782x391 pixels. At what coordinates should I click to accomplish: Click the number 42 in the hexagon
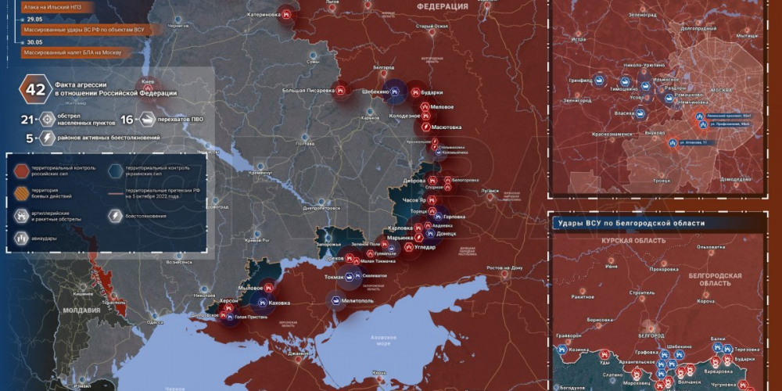click(36, 88)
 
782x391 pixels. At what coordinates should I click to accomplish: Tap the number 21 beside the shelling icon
click(27, 120)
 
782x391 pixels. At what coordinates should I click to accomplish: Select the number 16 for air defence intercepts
click(128, 120)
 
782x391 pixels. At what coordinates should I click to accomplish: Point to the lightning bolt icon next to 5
click(48, 138)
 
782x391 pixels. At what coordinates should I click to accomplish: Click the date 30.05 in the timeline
click(34, 44)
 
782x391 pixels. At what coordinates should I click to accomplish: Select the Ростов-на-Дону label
click(504, 268)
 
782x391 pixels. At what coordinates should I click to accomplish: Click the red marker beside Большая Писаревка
click(341, 91)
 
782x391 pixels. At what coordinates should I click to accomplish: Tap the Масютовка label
click(447, 127)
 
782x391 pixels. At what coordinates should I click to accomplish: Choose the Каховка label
click(278, 303)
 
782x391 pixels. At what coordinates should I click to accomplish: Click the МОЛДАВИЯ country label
click(81, 310)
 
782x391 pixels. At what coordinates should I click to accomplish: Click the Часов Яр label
click(413, 199)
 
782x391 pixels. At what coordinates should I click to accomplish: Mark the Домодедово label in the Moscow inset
click(735, 178)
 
